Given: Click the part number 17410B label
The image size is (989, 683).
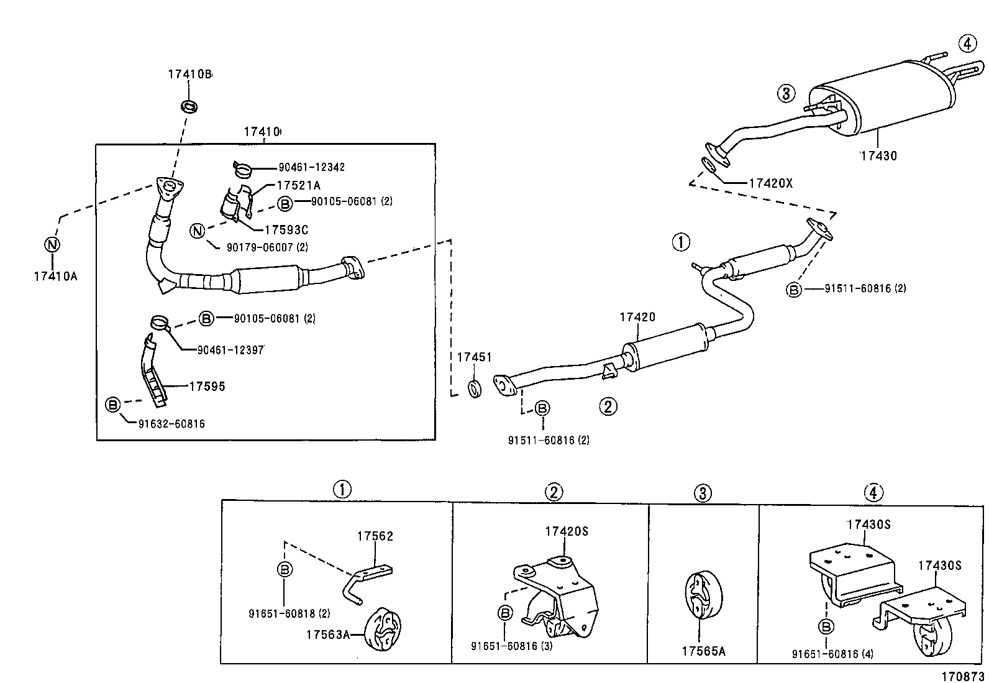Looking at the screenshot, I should coord(189,75).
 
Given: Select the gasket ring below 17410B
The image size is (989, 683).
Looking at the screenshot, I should coord(189,106).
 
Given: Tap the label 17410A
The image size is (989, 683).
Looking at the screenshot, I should coord(55,276).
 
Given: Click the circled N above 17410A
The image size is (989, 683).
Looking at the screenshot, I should coord(52,244).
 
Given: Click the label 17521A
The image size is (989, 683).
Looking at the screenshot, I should coord(298,185).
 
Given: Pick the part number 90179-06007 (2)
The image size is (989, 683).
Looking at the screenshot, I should coord(267,247).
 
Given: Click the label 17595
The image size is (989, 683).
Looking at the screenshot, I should coord(207,387).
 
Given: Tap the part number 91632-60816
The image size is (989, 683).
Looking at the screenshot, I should coord(171,424).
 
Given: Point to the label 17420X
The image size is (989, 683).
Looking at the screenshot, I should coord(770,183).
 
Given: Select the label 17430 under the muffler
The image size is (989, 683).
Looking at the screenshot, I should coord(878,156).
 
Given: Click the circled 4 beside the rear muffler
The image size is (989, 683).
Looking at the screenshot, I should coord(967,44).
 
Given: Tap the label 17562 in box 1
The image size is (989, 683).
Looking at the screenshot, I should coord(375,536).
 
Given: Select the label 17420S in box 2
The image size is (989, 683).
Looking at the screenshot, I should coord(567,531).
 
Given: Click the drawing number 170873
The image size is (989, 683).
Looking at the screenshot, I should coord(963,676).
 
